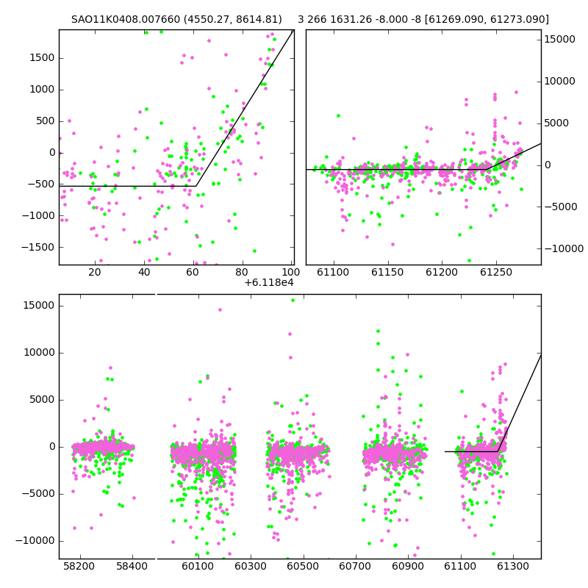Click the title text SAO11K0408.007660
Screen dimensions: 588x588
126,19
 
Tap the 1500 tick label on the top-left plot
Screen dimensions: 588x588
42,58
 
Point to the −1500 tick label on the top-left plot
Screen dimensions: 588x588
38,247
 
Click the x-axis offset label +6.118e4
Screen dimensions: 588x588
269,282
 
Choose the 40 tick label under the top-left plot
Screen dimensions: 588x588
144,272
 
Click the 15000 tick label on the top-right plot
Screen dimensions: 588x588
559,40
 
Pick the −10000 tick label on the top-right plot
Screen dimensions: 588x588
564,248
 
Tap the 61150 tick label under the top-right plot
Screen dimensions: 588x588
387,272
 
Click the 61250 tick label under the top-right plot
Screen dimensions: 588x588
496,272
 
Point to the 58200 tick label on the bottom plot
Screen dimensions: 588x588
79,566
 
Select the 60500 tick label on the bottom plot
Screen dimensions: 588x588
303,566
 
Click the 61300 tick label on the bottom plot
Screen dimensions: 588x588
512,566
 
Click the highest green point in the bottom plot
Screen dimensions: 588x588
293,301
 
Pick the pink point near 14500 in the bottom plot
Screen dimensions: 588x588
220,309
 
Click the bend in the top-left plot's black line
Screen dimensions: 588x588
196,186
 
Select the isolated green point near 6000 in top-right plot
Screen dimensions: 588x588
338,116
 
